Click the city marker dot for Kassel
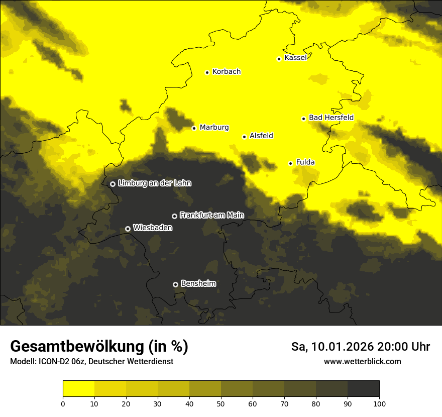279,59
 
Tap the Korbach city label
227,72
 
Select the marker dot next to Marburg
194,128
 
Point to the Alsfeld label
261,136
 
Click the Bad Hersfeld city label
331,118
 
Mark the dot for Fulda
290,163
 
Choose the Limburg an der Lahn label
154,183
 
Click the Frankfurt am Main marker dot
174,216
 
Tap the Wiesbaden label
153,228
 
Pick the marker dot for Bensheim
175,284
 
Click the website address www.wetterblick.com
362,361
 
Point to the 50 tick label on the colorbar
221,403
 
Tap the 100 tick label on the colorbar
379,403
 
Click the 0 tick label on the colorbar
63,403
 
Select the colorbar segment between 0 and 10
79,389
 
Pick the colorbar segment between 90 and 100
363,389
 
